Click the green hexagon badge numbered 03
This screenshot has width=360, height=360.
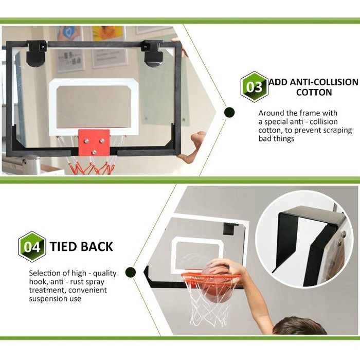tap(254, 87)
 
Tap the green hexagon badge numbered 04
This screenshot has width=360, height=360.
tap(32, 247)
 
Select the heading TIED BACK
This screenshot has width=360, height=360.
tap(81, 247)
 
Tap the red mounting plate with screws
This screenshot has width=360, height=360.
tap(94, 142)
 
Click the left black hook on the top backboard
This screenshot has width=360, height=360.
tap(36, 53)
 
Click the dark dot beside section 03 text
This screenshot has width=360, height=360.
tap(229, 113)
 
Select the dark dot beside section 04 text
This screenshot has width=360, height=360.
tap(131, 272)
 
